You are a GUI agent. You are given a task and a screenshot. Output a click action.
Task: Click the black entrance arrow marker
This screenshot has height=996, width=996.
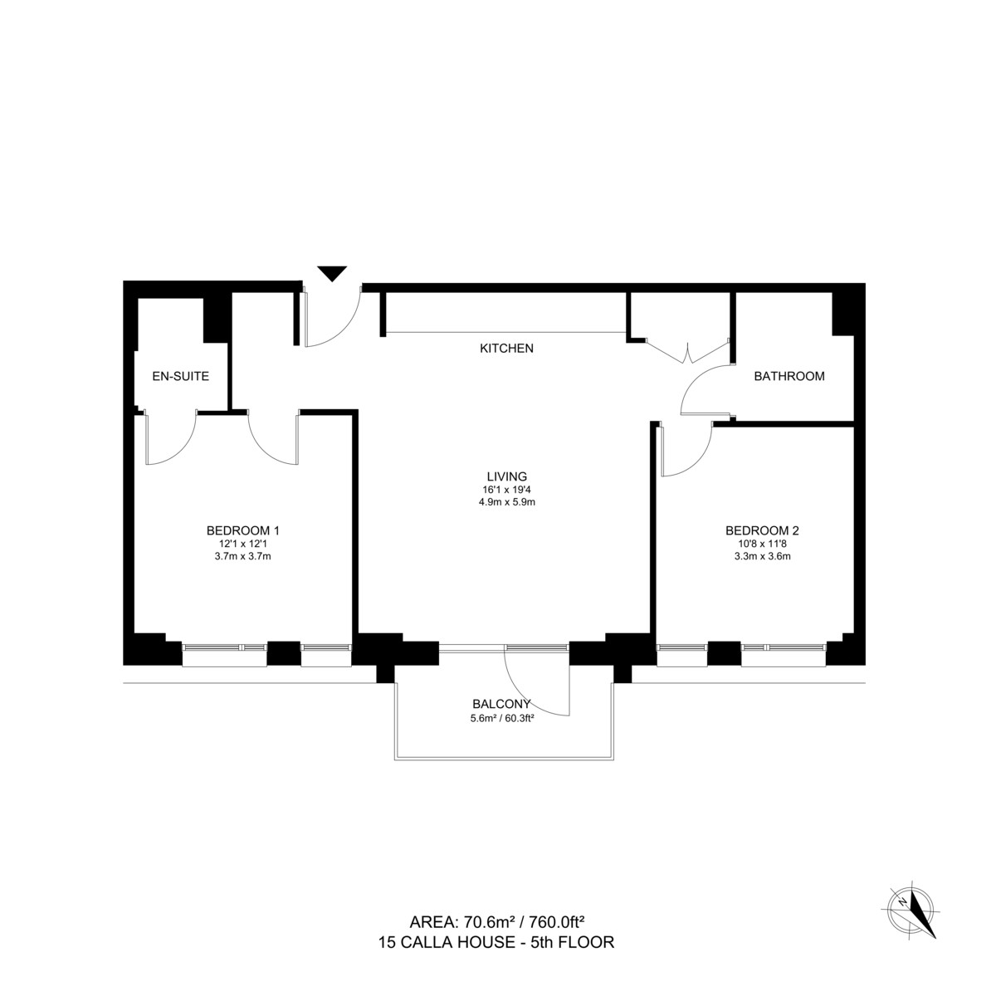(332, 273)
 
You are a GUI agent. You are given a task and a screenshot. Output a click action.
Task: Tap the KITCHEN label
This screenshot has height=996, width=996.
(506, 349)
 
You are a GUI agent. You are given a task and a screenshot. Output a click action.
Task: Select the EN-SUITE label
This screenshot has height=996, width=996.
(180, 376)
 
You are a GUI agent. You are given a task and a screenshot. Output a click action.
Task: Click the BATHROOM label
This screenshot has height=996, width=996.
(788, 376)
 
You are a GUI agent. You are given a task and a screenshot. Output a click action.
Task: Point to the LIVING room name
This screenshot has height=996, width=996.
(506, 476)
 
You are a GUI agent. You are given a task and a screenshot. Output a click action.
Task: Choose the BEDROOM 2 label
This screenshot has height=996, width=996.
(761, 530)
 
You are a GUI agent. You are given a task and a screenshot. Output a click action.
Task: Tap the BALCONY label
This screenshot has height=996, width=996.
(502, 704)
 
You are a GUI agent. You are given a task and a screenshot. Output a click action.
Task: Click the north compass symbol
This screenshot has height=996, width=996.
(914, 911)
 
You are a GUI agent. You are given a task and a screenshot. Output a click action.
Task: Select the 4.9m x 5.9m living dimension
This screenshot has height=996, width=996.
(506, 502)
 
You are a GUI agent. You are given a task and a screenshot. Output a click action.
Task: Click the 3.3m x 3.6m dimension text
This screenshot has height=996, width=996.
(761, 557)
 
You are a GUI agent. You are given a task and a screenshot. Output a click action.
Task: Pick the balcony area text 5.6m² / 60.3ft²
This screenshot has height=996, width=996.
(501, 719)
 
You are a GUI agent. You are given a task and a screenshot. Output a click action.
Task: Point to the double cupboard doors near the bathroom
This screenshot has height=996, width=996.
(687, 352)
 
